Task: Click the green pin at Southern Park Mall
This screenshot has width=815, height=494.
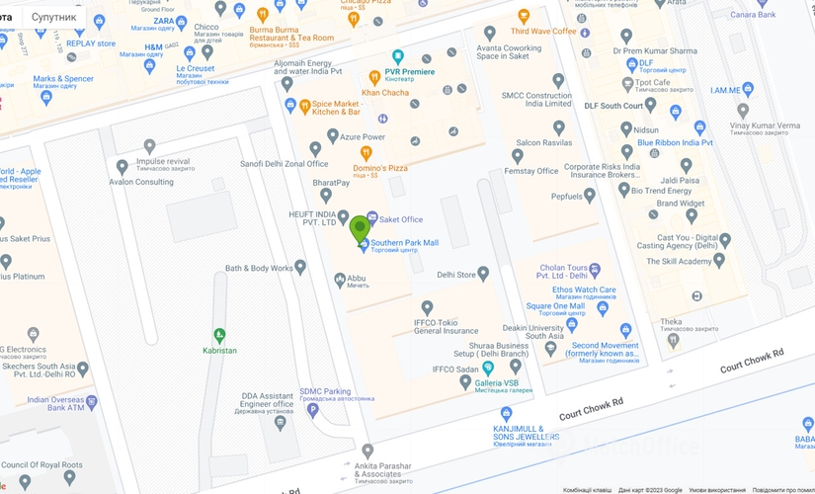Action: point(360,229)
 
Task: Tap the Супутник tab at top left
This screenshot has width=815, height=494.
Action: point(53,17)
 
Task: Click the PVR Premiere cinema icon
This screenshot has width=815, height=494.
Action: point(397,57)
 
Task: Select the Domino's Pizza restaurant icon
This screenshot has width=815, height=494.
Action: point(366,153)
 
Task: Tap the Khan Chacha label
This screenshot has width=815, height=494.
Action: point(384,93)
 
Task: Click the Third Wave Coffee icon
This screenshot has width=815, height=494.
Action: point(524,17)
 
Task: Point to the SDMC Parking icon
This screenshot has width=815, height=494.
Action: point(313,410)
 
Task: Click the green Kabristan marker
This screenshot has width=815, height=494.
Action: point(219,336)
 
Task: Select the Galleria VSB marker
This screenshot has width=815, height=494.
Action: point(488,368)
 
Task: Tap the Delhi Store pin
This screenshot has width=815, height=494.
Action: point(483,275)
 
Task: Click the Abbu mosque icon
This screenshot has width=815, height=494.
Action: point(340,281)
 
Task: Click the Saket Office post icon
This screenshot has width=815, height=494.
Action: point(371,218)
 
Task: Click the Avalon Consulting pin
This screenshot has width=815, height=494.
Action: point(122,167)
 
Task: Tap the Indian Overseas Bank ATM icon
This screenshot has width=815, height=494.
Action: point(91,402)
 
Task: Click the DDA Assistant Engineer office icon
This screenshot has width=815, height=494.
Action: point(280,423)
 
